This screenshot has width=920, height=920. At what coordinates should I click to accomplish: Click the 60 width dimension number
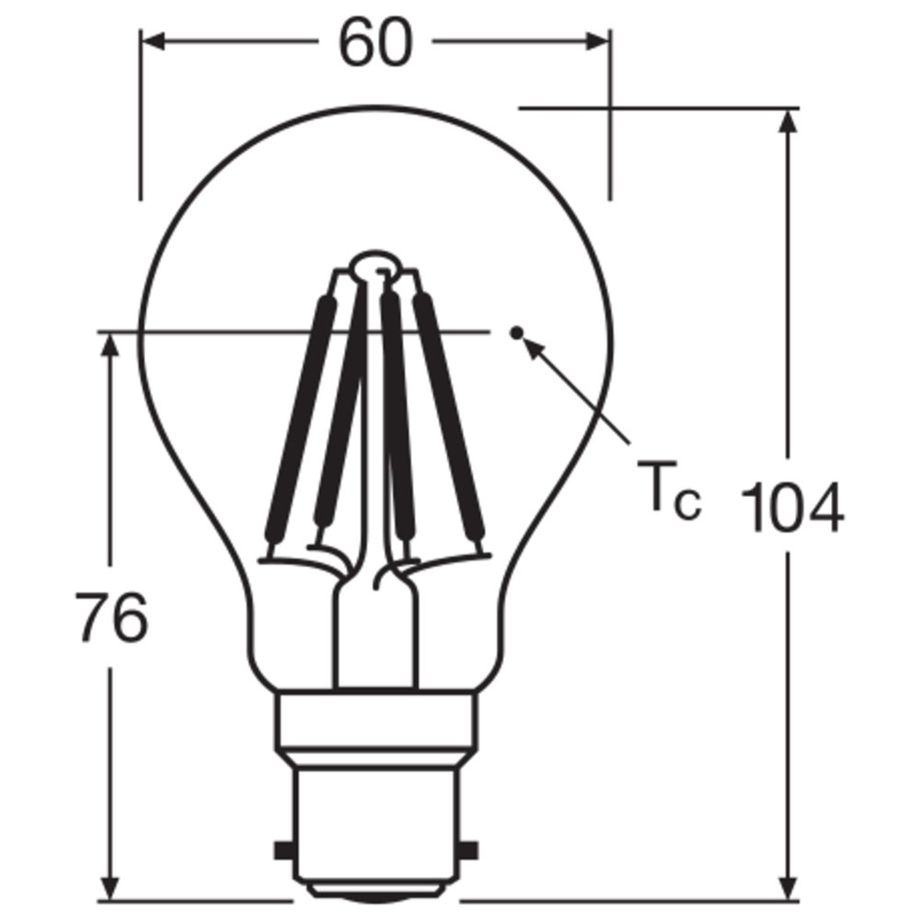(x=375, y=42)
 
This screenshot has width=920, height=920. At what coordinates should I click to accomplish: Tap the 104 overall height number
(x=792, y=508)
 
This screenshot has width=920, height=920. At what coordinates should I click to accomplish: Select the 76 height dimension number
(x=111, y=617)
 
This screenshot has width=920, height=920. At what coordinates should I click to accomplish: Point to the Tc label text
(x=669, y=490)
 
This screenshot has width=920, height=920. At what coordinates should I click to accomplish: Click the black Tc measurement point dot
(x=516, y=333)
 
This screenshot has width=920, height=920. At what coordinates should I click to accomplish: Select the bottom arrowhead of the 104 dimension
(x=788, y=886)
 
